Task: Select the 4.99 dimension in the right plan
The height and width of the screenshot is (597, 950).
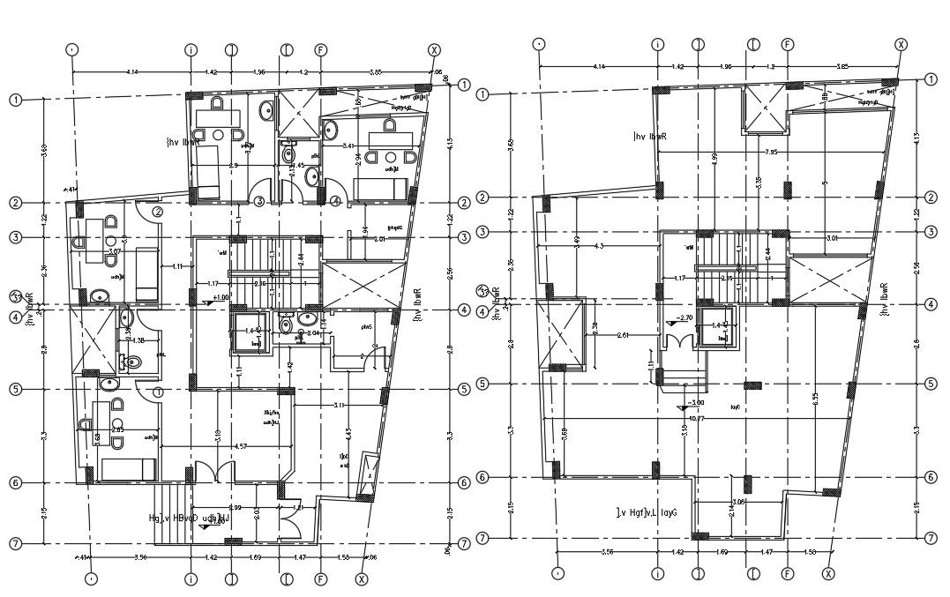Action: pyautogui.click(x=714, y=158)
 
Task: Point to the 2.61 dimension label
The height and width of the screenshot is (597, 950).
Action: pyautogui.click(x=623, y=335)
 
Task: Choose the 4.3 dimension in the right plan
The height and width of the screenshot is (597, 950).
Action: pyautogui.click(x=601, y=245)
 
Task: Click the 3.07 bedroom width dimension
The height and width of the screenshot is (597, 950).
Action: pyautogui.click(x=115, y=251)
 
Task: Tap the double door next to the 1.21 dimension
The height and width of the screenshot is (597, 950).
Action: pyautogui.click(x=287, y=527)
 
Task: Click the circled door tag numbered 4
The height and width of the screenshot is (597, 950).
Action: pyautogui.click(x=337, y=202)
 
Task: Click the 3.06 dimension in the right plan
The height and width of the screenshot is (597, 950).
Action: pyautogui.click(x=739, y=502)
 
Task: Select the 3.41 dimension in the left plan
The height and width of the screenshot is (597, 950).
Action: pyautogui.click(x=349, y=146)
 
